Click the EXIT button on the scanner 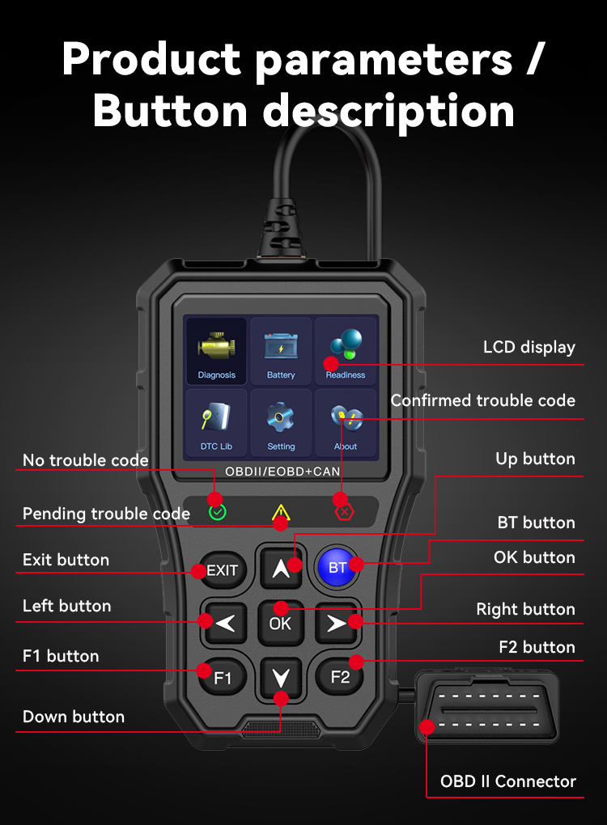223,570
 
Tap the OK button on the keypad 280,623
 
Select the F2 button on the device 340,676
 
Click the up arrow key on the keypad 281,567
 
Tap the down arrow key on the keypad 281,678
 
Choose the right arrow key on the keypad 337,623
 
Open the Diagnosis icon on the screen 216,351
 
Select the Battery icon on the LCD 281,351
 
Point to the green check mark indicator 218,512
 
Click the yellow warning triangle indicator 281,512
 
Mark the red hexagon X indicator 344,512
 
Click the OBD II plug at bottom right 487,707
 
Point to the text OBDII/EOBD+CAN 282,472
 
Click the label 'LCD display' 529,348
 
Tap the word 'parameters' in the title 384,61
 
